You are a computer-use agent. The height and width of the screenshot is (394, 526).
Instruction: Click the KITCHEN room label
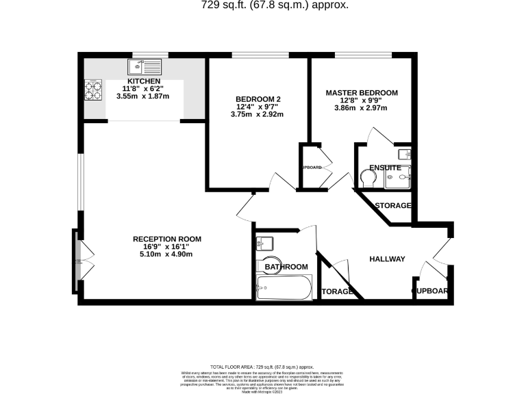pos(142,81)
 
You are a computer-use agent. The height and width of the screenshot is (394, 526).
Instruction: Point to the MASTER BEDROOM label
pos(361,92)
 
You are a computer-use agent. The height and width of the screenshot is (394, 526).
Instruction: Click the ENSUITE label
pos(384,167)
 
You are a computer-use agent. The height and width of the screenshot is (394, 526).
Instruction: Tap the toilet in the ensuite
pos(368,177)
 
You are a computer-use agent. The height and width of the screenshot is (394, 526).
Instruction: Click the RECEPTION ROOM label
pos(167,239)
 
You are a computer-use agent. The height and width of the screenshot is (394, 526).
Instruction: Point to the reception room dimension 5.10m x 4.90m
pos(167,254)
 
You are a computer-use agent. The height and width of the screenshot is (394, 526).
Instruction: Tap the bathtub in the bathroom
pos(283,288)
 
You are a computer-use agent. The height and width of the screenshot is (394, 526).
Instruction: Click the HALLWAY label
pos(387,259)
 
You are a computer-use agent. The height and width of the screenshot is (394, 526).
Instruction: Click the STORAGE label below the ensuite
pos(392,205)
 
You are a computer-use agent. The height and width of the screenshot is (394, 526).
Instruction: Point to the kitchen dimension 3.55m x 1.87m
pos(142,96)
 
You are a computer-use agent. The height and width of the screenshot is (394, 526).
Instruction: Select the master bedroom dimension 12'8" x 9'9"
pos(361,100)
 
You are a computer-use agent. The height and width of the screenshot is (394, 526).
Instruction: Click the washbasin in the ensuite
pos(403,154)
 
